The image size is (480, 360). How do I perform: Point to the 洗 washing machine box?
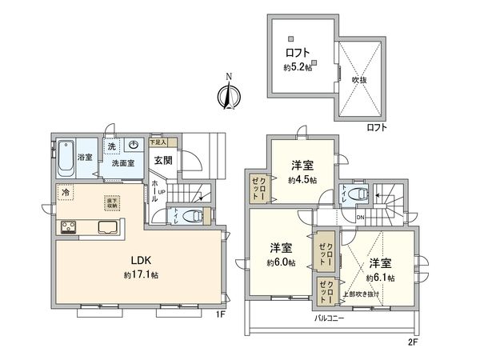(113, 146)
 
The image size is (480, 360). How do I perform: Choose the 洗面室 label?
(122, 162)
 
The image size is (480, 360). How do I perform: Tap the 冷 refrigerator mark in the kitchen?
(66, 194)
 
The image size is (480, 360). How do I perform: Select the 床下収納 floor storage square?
(111, 203)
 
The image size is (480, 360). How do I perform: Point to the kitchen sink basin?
(108, 227)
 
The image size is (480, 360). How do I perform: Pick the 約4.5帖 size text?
(302, 180)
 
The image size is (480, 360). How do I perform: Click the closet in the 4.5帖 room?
(258, 189)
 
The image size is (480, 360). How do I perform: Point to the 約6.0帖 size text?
(280, 262)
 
